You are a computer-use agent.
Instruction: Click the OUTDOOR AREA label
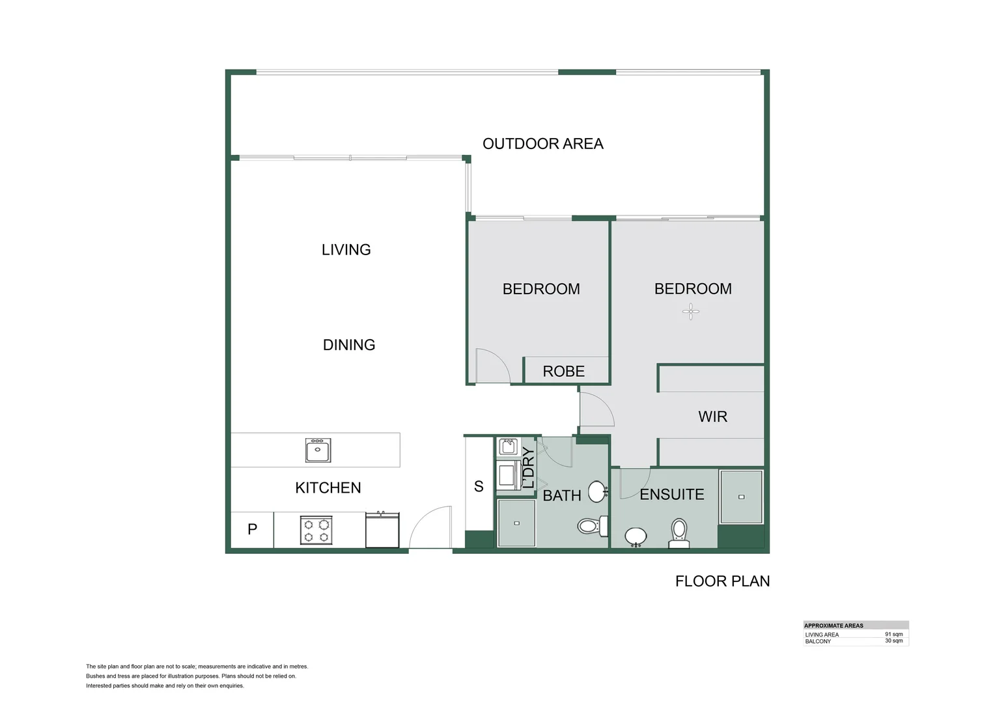click(543, 144)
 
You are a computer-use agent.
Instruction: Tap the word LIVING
click(346, 250)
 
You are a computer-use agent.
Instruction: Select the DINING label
click(348, 345)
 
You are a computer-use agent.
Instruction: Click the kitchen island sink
click(318, 450)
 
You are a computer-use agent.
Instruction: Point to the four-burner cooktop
click(316, 531)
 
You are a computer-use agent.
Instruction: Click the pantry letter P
click(252, 529)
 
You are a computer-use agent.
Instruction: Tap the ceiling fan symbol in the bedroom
click(691, 312)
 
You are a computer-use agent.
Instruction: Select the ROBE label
click(564, 371)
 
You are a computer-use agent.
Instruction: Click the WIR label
click(713, 417)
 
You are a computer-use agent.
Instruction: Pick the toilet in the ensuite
click(679, 534)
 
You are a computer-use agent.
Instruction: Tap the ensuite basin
click(636, 537)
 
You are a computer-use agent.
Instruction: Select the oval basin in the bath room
click(597, 491)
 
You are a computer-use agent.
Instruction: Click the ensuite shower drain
click(741, 497)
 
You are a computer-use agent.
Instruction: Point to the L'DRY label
click(528, 467)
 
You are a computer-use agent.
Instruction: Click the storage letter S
click(479, 487)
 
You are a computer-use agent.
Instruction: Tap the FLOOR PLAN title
click(723, 581)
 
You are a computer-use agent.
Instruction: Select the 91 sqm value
click(893, 634)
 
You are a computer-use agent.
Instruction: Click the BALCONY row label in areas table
click(818, 642)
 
